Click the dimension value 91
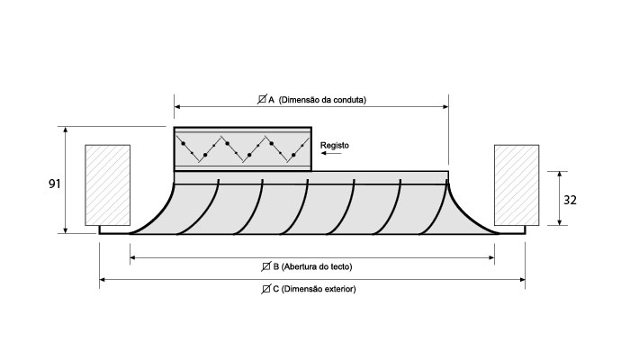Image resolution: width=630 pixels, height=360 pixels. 54,184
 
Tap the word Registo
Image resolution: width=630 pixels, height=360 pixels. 335,145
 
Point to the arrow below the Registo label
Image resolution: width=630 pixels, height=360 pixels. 331,155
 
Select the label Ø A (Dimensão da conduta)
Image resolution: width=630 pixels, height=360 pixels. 311,99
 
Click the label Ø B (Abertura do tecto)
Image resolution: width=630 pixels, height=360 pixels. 311,267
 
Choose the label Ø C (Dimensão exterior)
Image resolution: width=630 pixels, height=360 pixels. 311,289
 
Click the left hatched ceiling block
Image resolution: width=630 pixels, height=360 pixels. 107,184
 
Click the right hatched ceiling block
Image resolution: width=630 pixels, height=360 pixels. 517,184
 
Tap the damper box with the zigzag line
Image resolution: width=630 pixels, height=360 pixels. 242,149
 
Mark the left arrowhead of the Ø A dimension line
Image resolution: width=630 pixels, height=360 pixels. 177,108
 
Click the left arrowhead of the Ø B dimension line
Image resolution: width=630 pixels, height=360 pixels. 133,258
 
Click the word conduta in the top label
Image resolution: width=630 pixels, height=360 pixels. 349,99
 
